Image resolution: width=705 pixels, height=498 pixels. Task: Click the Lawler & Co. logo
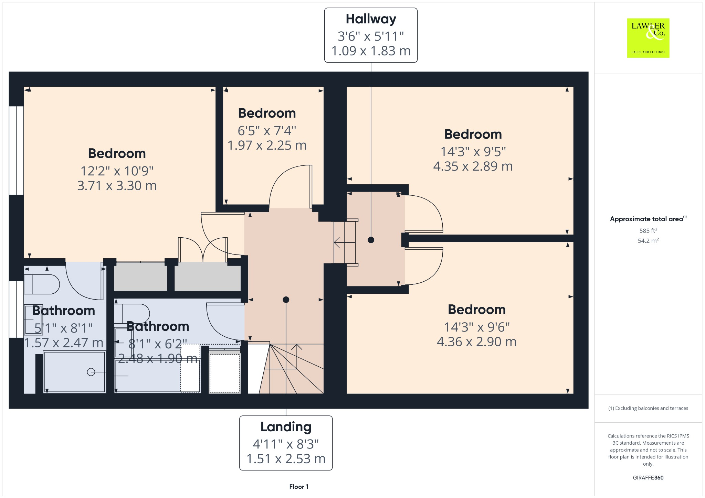coord(648,38)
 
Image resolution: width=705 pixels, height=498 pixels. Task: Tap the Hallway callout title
coord(371,19)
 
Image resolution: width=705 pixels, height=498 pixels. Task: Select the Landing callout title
coord(286,427)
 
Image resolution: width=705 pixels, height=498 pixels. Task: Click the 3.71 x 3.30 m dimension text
coord(117,186)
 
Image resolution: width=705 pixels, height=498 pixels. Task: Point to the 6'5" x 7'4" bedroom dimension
coord(267,131)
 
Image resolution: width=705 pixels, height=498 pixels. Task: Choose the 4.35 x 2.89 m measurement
coord(473,166)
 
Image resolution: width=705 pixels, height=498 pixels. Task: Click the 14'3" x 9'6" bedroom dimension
coord(477,327)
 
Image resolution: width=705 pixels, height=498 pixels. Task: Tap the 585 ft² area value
coord(648,231)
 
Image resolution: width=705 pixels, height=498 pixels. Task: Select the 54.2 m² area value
coord(648,240)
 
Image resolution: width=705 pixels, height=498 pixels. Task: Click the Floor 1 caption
coord(299,487)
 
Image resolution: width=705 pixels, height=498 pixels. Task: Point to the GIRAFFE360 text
coord(648,478)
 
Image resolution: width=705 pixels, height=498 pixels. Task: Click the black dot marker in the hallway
coord(371,240)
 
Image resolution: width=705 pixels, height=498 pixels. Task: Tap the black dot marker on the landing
coord(286,300)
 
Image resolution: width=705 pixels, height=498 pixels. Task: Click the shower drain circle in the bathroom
coord(91,372)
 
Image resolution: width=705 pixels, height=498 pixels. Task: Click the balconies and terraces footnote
coord(648,408)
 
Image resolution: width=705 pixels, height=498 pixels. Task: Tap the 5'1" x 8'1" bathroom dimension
coord(64,328)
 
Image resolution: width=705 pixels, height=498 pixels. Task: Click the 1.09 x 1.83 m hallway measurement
coord(371,51)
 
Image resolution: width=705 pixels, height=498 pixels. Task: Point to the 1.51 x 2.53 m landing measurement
coord(286,459)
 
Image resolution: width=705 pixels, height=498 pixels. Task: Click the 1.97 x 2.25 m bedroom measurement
coord(267,145)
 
